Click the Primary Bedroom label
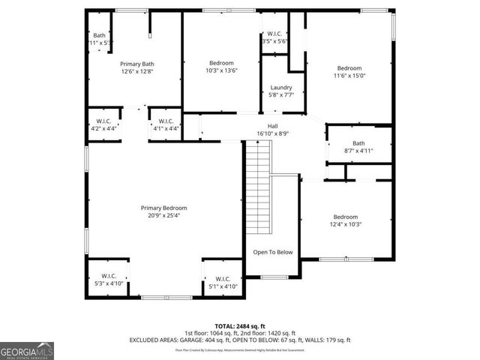coord(163,208)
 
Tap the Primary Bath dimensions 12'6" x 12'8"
coord(137,72)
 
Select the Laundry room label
coord(281,88)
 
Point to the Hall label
coord(273,126)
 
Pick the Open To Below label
coord(272,252)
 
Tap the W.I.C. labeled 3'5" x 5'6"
coord(275,37)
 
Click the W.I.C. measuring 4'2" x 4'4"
coord(103,124)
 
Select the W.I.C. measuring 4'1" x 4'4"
coord(165,124)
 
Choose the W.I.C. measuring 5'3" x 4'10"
coord(108,280)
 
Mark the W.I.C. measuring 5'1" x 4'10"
coord(223,283)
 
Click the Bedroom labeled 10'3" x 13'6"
coord(221,67)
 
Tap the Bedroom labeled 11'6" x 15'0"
coord(348,71)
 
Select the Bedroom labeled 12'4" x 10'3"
coord(346,220)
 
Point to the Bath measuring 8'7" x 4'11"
coord(358,147)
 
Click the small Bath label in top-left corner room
coord(99,39)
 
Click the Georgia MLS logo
coord(27,350)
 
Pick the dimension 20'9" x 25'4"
coord(163,215)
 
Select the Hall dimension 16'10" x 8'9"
coord(273,133)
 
